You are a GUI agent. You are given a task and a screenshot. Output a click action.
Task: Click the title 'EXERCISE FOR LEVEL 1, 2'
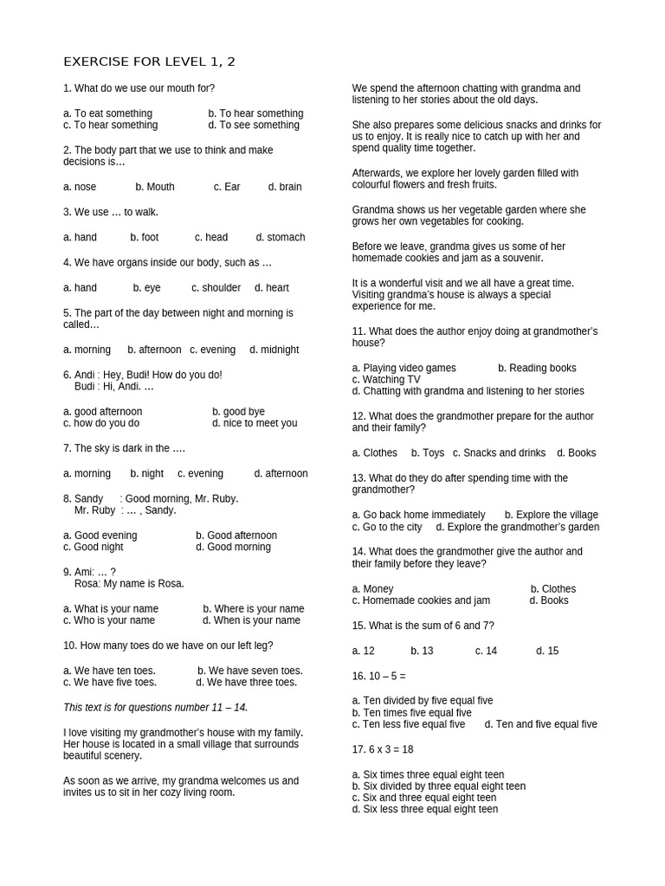149,61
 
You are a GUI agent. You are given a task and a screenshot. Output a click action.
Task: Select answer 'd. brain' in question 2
285,187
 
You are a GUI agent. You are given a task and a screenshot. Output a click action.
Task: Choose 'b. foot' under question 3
145,237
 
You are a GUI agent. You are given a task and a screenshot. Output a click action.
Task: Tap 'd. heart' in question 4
272,287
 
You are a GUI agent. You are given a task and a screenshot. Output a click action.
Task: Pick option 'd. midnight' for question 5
274,350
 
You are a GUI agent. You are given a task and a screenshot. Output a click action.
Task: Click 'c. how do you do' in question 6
101,423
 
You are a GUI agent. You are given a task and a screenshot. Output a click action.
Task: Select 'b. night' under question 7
146,473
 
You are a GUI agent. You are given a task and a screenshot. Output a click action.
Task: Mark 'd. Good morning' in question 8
233,547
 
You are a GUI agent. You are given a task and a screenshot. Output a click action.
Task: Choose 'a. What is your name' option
111,608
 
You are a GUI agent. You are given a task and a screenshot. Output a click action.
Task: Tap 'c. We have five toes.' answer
110,682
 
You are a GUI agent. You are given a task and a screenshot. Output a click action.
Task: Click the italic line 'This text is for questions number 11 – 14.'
156,707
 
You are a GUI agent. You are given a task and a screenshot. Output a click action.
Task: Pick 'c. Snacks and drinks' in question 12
499,453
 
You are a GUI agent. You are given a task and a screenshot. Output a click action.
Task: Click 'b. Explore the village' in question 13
551,515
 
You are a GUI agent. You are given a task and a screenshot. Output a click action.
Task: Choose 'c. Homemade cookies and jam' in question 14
421,600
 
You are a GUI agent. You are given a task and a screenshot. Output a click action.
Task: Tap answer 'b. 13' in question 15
422,651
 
